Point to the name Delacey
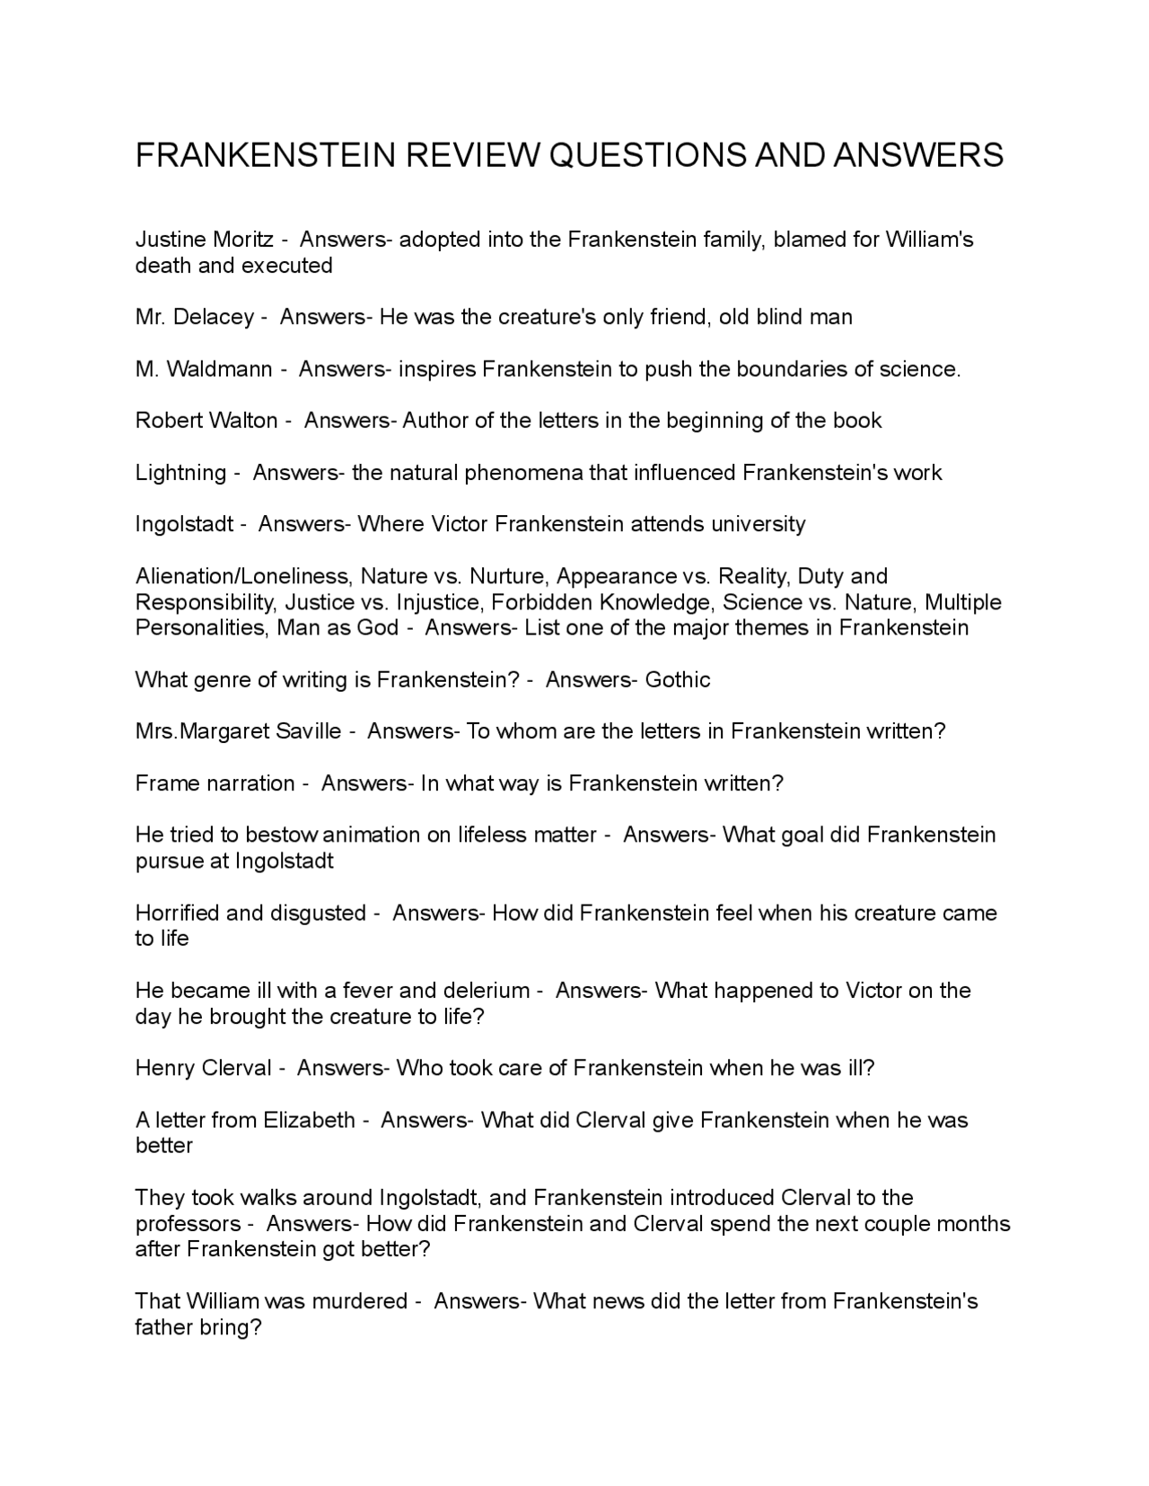pos(213,317)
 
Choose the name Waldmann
pos(219,369)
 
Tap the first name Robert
pos(169,421)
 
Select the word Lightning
pos(180,473)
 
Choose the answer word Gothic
pos(678,680)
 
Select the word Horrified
pos(177,913)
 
